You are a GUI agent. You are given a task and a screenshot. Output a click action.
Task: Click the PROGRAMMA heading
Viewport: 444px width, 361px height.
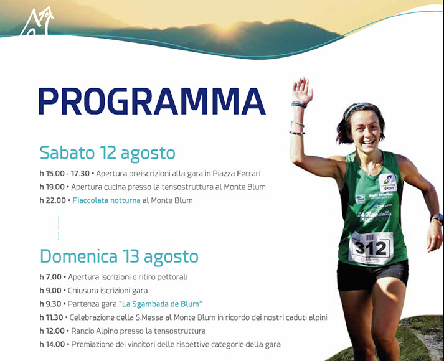[152, 101]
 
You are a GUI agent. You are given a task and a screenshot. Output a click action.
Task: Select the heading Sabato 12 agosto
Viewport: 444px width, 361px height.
[107, 154]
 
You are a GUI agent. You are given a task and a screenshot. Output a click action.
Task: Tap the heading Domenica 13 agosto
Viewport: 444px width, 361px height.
[119, 257]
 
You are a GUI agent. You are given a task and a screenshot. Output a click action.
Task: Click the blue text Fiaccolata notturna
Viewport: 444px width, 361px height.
[106, 200]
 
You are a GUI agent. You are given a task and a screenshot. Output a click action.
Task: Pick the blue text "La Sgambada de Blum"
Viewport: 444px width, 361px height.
[161, 304]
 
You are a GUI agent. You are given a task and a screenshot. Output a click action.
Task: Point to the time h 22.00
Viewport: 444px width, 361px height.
[53, 200]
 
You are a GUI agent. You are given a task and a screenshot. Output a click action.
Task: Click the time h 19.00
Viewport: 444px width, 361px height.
[52, 187]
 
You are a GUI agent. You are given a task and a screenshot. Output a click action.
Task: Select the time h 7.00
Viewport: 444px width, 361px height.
[50, 277]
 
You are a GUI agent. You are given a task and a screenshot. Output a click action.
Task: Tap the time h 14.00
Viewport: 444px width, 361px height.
[52, 344]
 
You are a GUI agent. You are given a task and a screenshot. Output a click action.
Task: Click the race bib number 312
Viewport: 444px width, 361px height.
[371, 248]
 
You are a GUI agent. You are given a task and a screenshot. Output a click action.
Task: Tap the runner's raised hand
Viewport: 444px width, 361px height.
[302, 90]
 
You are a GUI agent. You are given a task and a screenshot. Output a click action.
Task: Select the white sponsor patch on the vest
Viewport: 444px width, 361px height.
[388, 182]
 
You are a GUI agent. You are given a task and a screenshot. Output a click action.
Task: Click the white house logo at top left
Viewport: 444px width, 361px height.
[37, 21]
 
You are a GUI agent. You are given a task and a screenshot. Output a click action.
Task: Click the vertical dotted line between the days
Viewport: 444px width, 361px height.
[59, 228]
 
